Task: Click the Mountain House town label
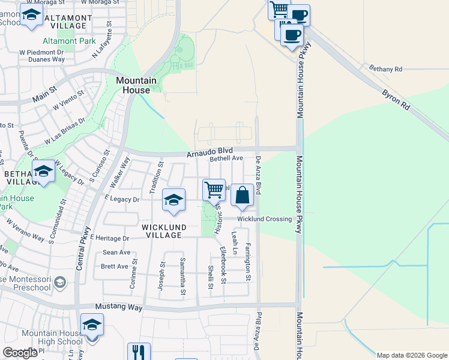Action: [x=136, y=85]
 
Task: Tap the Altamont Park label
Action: [x=70, y=41]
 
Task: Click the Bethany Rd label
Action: [x=385, y=69]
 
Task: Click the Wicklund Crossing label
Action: [x=264, y=219]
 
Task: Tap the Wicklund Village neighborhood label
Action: [x=161, y=231]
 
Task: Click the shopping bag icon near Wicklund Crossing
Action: [x=242, y=196]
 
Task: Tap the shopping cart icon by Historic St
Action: [x=214, y=190]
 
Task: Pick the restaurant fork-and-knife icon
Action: [x=139, y=352]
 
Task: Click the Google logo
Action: [x=20, y=353]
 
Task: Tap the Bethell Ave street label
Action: [x=226, y=159]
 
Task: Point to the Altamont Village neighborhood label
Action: [x=71, y=22]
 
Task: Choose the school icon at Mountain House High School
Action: [x=92, y=326]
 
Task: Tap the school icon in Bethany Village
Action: [x=43, y=172]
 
